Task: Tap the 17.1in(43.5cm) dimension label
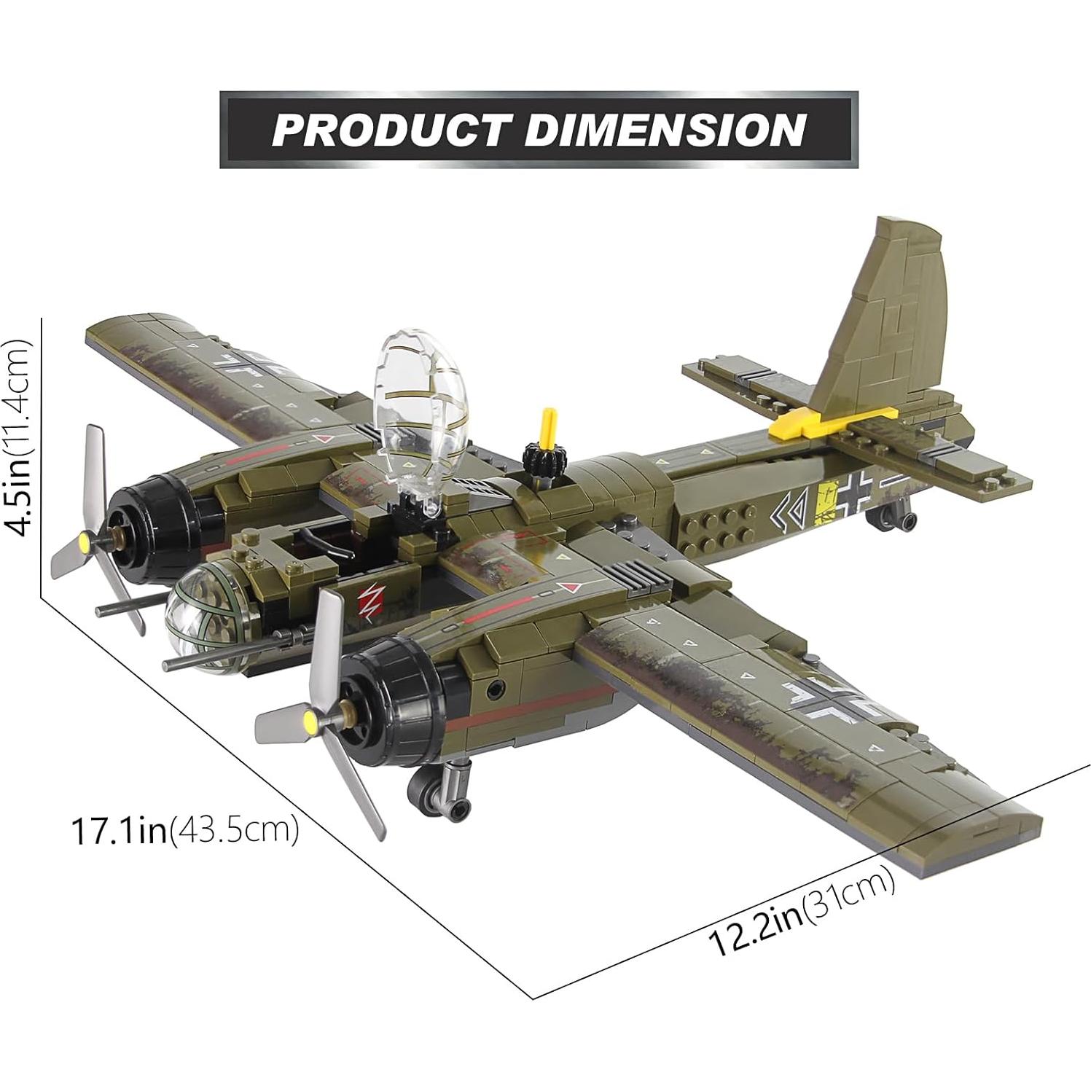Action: point(184,831)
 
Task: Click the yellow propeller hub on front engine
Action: point(311,722)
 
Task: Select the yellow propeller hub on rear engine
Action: point(87,541)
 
